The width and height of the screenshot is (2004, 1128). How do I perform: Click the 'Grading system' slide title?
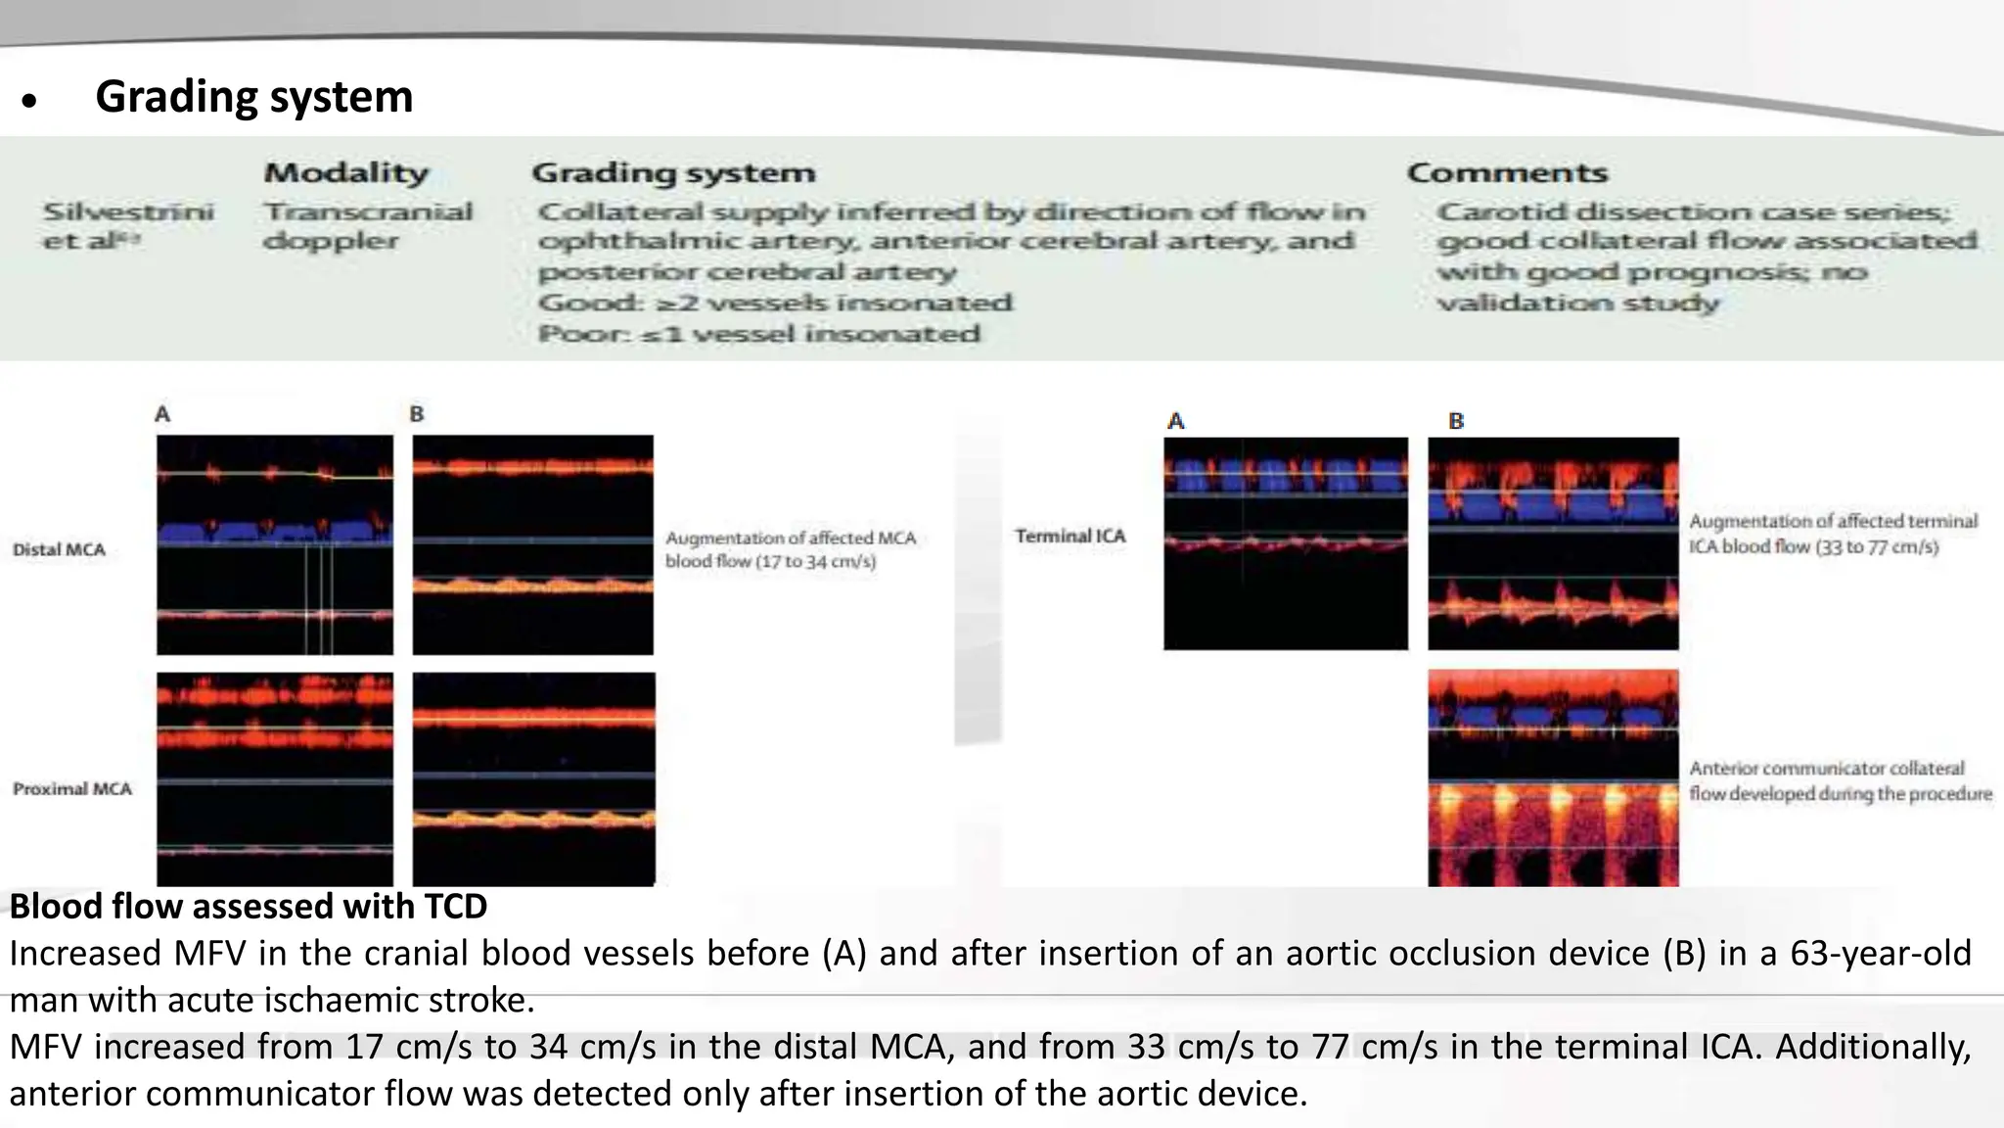pyautogui.click(x=253, y=97)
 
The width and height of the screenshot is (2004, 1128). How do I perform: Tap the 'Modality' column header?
pyautogui.click(x=345, y=173)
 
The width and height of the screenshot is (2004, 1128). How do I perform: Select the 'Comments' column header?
pyautogui.click(x=1507, y=173)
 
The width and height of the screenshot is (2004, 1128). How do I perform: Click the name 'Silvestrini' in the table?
pyautogui.click(x=128, y=211)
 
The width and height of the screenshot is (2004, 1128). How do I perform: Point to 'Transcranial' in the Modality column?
pyautogui.click(x=368, y=211)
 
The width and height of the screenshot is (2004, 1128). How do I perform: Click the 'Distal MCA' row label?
pyautogui.click(x=59, y=549)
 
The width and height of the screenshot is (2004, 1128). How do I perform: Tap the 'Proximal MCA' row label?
pyautogui.click(x=71, y=789)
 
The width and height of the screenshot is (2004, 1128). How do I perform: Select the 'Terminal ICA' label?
pyautogui.click(x=1070, y=537)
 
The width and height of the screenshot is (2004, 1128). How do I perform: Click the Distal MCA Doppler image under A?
pyautogui.click(x=275, y=544)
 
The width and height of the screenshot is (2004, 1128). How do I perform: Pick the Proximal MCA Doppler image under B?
pyautogui.click(x=533, y=778)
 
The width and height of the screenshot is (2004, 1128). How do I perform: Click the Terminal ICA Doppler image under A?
pyautogui.click(x=1286, y=543)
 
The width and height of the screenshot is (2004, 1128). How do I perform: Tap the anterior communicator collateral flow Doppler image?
pyautogui.click(x=1553, y=778)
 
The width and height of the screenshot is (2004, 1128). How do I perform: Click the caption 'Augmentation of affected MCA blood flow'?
pyautogui.click(x=791, y=549)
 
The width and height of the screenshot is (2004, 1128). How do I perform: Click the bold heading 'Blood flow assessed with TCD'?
pyautogui.click(x=249, y=907)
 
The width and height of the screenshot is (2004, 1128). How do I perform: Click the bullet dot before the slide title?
pyautogui.click(x=29, y=100)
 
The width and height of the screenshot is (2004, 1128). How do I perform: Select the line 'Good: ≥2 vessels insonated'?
pyautogui.click(x=774, y=303)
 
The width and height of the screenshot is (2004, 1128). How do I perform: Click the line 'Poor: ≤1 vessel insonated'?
pyautogui.click(x=758, y=334)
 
